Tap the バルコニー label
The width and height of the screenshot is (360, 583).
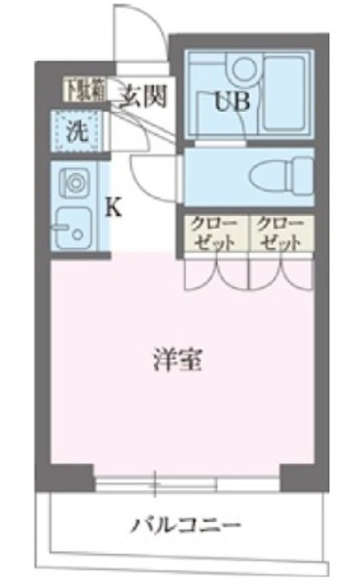[185, 526]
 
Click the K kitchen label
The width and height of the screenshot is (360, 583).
[114, 208]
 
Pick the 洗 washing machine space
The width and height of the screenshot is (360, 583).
[77, 129]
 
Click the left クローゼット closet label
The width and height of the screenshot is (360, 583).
[213, 234]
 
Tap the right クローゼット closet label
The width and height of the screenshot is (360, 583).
[279, 234]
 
